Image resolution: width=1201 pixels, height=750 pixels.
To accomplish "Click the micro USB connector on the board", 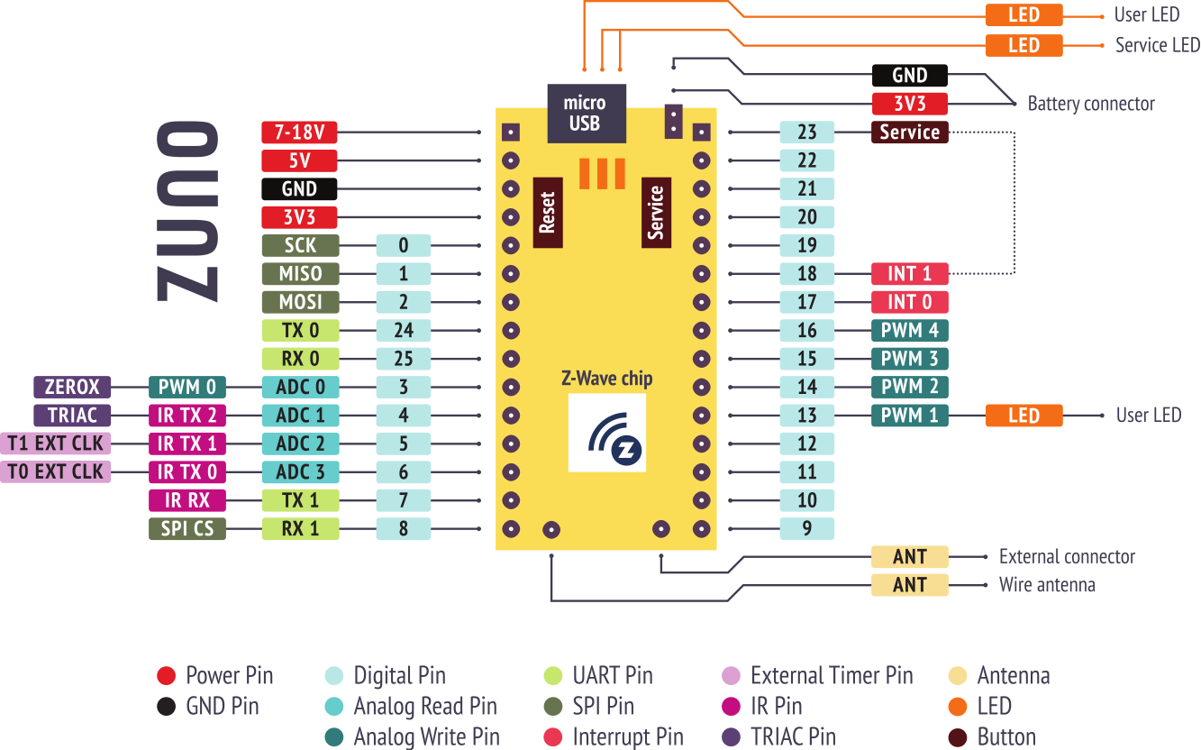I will click(x=586, y=114).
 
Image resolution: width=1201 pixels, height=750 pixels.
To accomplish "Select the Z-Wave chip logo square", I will click(x=606, y=433).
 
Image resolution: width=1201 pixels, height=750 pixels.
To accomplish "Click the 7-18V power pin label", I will click(x=299, y=133).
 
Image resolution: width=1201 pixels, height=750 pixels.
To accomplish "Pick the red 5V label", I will click(x=299, y=161).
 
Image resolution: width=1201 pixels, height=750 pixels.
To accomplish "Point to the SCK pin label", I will click(x=300, y=245).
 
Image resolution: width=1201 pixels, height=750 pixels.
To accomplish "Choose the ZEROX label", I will click(x=72, y=388).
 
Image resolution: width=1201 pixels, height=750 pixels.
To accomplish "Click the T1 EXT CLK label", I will click(x=56, y=444).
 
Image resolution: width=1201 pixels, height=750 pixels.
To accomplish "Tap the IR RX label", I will click(x=187, y=500).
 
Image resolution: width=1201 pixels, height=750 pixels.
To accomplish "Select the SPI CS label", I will click(x=187, y=528).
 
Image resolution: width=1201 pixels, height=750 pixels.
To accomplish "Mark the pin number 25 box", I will click(x=403, y=359).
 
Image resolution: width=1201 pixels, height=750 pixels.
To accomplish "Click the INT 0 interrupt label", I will click(x=909, y=302).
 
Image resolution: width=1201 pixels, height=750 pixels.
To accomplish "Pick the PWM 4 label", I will click(x=909, y=330).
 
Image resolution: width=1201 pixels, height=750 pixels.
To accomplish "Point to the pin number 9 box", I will click(x=806, y=528).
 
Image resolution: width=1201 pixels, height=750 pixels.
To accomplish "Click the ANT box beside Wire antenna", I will click(x=909, y=585).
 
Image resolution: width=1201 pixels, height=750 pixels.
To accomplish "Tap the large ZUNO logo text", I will click(x=187, y=212).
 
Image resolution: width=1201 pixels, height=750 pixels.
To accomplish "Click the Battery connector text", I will click(x=1090, y=104).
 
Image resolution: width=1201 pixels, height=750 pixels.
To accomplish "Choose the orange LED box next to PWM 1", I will click(x=1024, y=416).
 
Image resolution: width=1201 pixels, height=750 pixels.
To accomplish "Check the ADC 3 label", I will click(x=300, y=471).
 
